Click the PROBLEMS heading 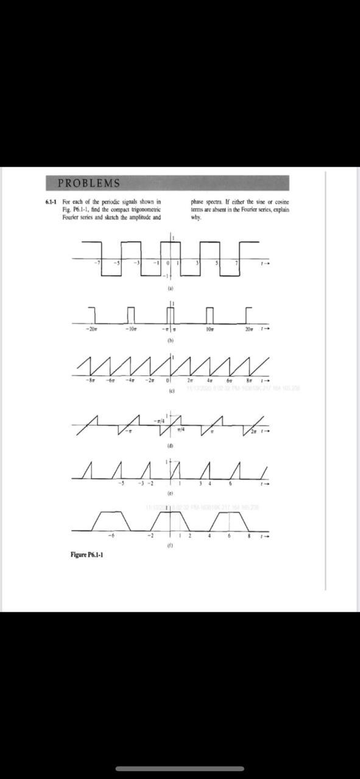click(88, 183)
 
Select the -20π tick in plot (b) click(92, 329)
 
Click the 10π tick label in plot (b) click(210, 329)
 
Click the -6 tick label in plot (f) click(110, 536)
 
